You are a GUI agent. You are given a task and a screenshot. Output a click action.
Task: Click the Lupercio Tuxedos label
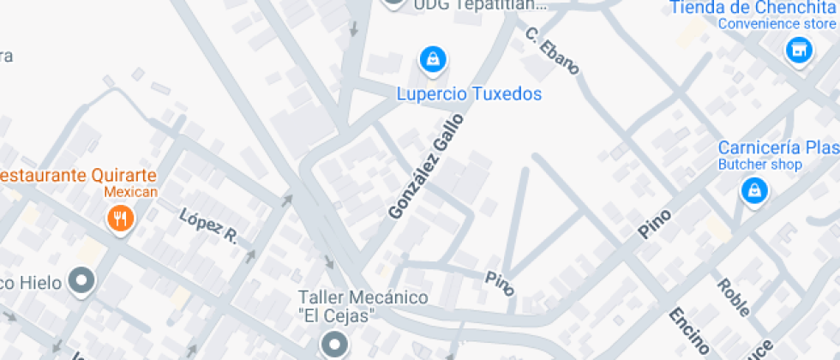coord(469,93)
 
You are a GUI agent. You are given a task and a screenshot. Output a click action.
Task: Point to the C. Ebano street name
coord(552,51)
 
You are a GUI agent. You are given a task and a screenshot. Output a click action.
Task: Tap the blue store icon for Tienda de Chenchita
coord(799,51)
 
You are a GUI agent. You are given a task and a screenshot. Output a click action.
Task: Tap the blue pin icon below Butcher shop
coord(753,192)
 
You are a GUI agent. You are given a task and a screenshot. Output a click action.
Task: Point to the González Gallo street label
coord(425,165)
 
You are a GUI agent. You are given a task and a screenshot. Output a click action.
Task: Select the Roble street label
coord(734,297)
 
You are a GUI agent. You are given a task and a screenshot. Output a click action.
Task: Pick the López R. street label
coord(207,225)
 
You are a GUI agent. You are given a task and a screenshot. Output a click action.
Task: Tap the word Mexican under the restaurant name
coord(131,191)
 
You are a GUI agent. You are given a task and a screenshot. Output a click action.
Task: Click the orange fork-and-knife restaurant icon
coord(120,219)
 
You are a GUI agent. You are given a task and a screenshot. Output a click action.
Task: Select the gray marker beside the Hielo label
coord(82,279)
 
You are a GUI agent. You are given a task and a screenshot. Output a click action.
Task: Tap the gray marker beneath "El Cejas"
coord(334,345)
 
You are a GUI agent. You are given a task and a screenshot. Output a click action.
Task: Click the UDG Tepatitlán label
coord(479,4)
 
